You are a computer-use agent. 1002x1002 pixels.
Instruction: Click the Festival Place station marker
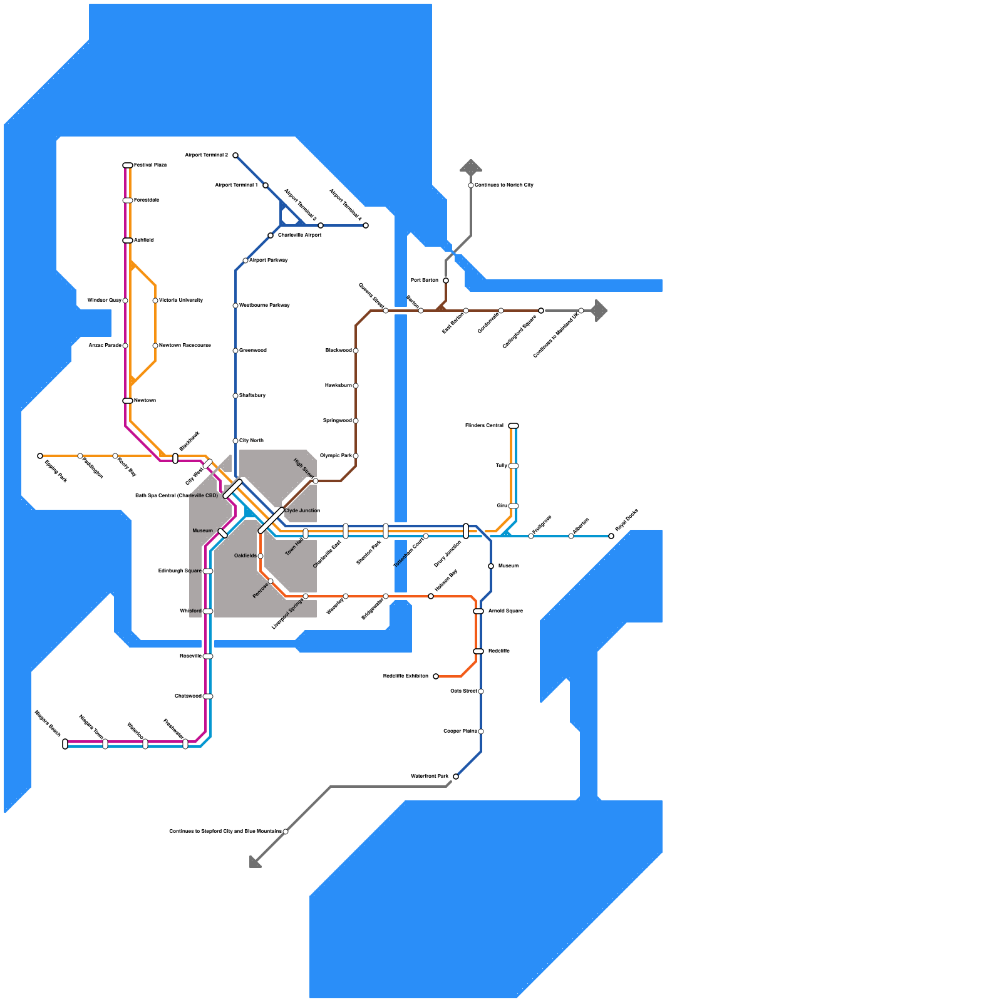coord(128,165)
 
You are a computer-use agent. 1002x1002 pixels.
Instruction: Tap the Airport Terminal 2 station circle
coord(235,155)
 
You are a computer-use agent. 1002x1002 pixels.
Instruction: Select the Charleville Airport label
coord(300,235)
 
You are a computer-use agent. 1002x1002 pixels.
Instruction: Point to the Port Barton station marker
coord(446,281)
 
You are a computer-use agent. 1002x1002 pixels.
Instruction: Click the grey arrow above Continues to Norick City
coord(471,166)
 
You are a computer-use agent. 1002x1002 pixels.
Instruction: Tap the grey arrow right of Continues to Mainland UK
coord(599,311)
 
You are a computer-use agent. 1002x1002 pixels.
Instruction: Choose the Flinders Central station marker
coord(514,426)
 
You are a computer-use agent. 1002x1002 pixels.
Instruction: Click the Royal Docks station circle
coord(611,536)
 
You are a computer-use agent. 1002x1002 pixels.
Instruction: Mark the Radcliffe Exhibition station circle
coord(436,676)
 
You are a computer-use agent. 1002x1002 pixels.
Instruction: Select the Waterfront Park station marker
coord(456,777)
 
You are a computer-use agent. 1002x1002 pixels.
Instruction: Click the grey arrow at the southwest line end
coord(254,862)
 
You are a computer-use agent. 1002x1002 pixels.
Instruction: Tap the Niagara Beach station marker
coord(65,744)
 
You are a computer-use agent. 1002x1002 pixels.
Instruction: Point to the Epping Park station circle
coord(40,456)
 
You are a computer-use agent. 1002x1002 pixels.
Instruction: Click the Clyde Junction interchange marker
coord(271,520)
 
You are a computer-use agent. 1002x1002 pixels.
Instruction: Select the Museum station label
coord(202,531)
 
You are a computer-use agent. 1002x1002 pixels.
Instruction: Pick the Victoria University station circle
coord(155,301)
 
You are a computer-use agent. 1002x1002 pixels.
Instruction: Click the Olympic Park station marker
coord(356,456)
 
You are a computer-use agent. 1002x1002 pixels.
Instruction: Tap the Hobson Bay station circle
coord(431,596)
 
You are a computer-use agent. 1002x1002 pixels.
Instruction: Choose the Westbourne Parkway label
coord(264,306)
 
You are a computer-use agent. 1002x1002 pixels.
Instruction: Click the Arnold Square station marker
coord(478,611)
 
